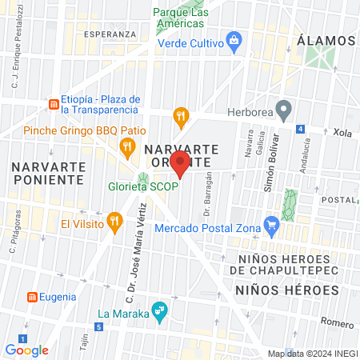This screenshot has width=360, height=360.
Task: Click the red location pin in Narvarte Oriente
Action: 181,166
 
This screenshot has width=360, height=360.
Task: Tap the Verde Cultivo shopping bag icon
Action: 234,39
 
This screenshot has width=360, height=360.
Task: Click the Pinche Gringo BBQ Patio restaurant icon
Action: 126,146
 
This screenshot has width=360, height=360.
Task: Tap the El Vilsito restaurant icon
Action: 115,220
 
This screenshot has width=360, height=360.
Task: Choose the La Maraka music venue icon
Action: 159,310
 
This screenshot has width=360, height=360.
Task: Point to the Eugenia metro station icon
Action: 32,297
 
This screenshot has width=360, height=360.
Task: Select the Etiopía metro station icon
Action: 53,104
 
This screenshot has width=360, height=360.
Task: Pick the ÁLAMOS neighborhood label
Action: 325,40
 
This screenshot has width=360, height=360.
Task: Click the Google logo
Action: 27,350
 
